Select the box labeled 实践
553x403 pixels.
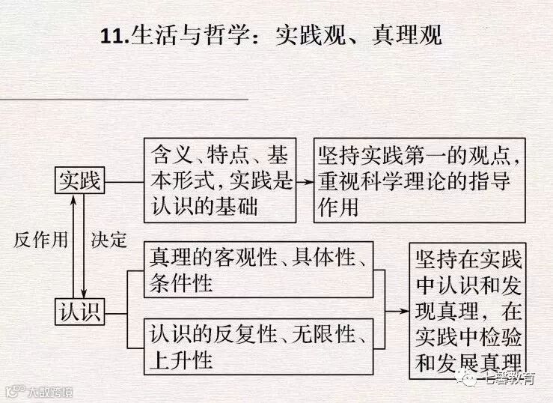(x=80, y=181)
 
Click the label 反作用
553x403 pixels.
(x=41, y=240)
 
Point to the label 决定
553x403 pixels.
(x=109, y=240)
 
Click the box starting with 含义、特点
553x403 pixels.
(x=219, y=180)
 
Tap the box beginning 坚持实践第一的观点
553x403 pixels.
(x=418, y=180)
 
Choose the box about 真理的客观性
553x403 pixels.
(x=258, y=270)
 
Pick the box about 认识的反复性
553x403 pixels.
(x=258, y=345)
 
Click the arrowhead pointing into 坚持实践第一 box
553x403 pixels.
(x=308, y=181)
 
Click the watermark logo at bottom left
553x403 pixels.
(x=13, y=391)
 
